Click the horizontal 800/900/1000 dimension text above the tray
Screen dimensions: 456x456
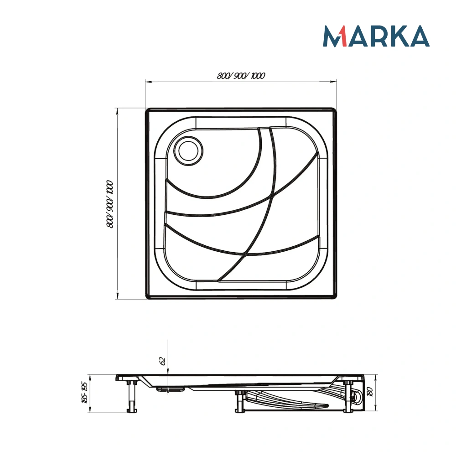[x=241, y=76]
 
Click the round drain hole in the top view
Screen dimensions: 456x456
[x=188, y=151]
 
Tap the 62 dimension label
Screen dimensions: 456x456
[x=163, y=361]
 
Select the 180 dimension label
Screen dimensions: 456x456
[x=370, y=391]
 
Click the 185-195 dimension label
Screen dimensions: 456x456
[x=84, y=392]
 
